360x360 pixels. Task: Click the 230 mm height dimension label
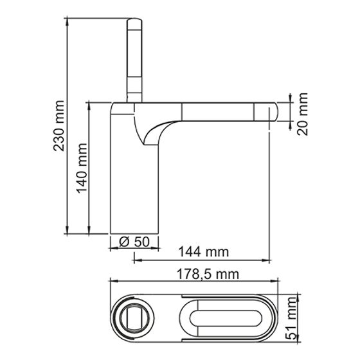coord(59,125)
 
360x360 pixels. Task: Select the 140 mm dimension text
coord(82,168)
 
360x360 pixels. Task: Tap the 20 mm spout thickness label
coord(302,114)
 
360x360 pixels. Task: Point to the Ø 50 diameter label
coord(134,242)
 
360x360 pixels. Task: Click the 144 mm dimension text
coord(203,251)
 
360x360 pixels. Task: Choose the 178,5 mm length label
coord(208,274)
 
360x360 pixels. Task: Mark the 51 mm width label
coord(291,318)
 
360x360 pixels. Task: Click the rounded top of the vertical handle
coord(134,21)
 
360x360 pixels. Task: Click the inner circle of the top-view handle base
coord(132,319)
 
